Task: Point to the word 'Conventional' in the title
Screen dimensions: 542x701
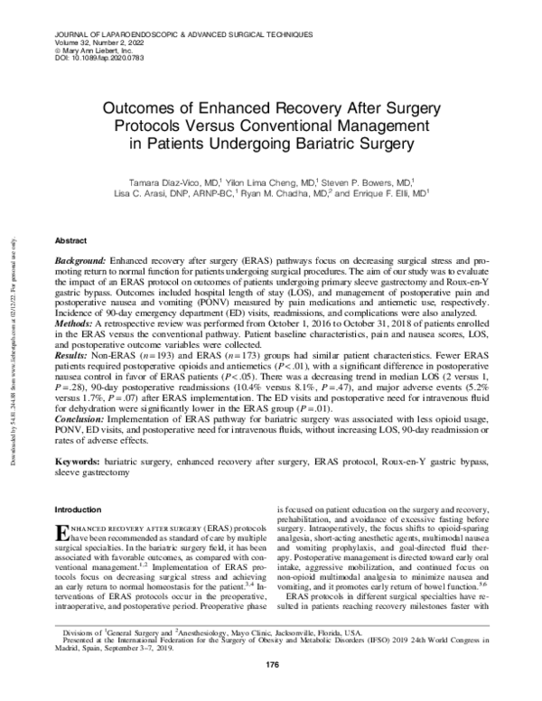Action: click(x=338, y=125)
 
